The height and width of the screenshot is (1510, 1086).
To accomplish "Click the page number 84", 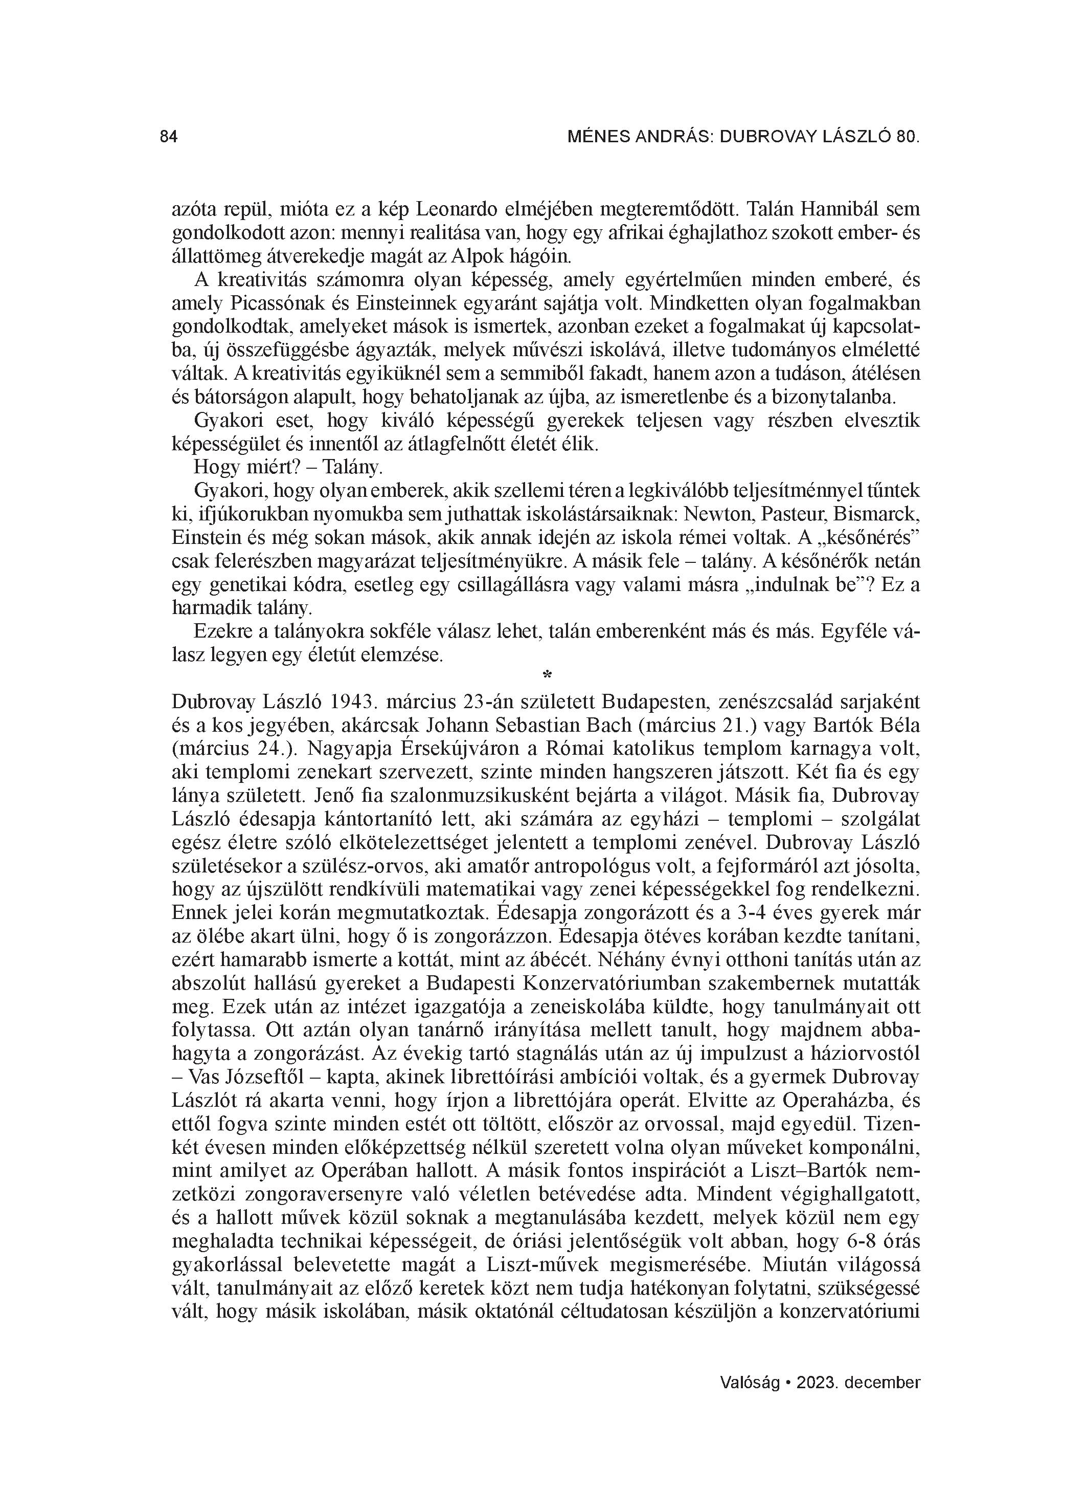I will [169, 137].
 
